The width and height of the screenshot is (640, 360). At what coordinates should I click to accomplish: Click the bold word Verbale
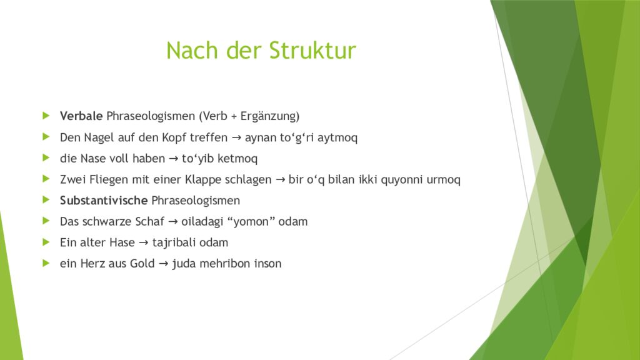[x=81, y=116]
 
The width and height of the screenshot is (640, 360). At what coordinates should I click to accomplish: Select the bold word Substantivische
[x=104, y=201]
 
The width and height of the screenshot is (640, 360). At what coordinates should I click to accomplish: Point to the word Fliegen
[x=106, y=179]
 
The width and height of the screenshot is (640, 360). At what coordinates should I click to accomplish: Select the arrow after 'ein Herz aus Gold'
[x=162, y=264]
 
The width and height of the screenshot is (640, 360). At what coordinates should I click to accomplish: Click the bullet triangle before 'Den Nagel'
[x=46, y=137]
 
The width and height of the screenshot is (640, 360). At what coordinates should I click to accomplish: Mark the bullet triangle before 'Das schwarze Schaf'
[x=46, y=221]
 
